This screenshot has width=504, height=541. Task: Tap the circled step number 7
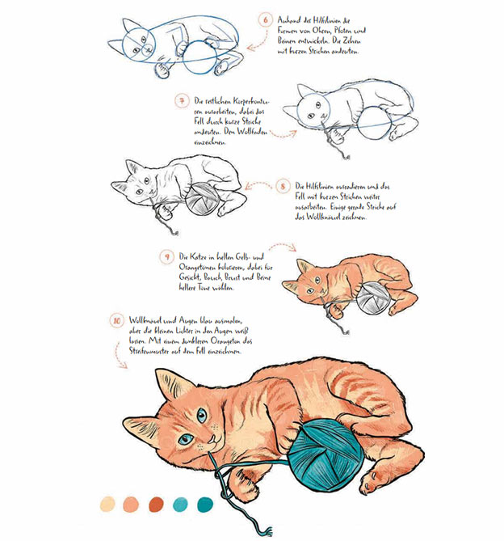point(183,101)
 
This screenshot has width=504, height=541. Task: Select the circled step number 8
point(283,186)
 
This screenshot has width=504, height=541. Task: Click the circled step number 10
point(117,320)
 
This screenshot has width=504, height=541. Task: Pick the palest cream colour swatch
point(107,505)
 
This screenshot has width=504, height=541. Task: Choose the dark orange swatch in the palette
point(156,505)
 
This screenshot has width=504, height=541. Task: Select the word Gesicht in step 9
point(191,277)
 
